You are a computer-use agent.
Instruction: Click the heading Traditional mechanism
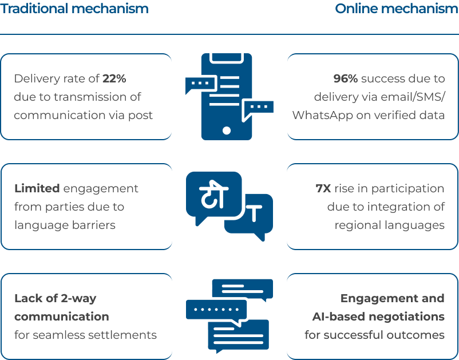pyautogui.click(x=74, y=9)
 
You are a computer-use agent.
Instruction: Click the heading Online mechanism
pyautogui.click(x=397, y=9)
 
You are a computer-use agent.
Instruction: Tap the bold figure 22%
pyautogui.click(x=114, y=78)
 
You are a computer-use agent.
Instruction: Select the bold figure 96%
pyautogui.click(x=346, y=78)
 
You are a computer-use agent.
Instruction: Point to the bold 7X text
pyautogui.click(x=323, y=188)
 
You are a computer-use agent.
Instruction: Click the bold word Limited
pyautogui.click(x=37, y=188)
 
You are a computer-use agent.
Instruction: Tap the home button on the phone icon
pyautogui.click(x=226, y=130)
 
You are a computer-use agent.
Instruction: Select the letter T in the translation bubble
pyautogui.click(x=254, y=213)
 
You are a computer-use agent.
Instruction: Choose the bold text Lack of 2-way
pyautogui.click(x=56, y=299)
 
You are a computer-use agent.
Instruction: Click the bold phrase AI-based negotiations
pyautogui.click(x=378, y=317)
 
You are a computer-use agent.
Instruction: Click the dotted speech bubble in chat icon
pyautogui.click(x=216, y=310)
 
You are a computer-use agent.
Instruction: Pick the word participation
pyautogui.click(x=407, y=189)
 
